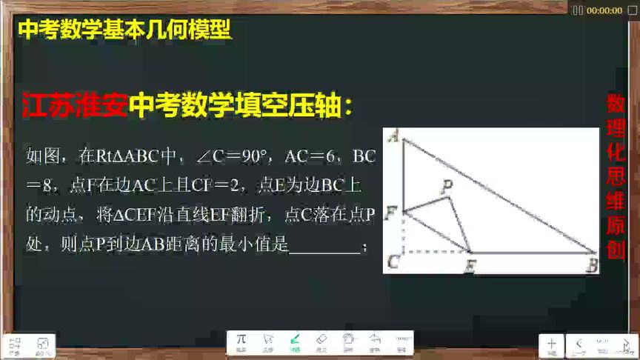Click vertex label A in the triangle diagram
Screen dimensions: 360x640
tap(393, 136)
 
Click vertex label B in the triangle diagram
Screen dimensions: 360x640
tap(591, 264)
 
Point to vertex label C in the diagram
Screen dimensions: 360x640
tap(393, 261)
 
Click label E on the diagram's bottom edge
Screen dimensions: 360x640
tap(469, 265)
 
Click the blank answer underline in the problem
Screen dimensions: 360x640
tap(324, 247)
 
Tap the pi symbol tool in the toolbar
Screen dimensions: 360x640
tap(241, 341)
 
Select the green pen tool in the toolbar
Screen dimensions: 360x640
tap(295, 341)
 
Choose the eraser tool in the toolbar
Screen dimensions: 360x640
tap(321, 341)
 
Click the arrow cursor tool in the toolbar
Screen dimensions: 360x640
tap(268, 341)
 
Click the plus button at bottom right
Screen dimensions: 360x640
tap(551, 344)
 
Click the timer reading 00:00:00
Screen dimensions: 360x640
tap(604, 10)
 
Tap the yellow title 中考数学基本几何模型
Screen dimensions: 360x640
tap(124, 30)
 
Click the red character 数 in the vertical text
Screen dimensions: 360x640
tap(616, 104)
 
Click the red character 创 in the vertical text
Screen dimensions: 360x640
tap(616, 249)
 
